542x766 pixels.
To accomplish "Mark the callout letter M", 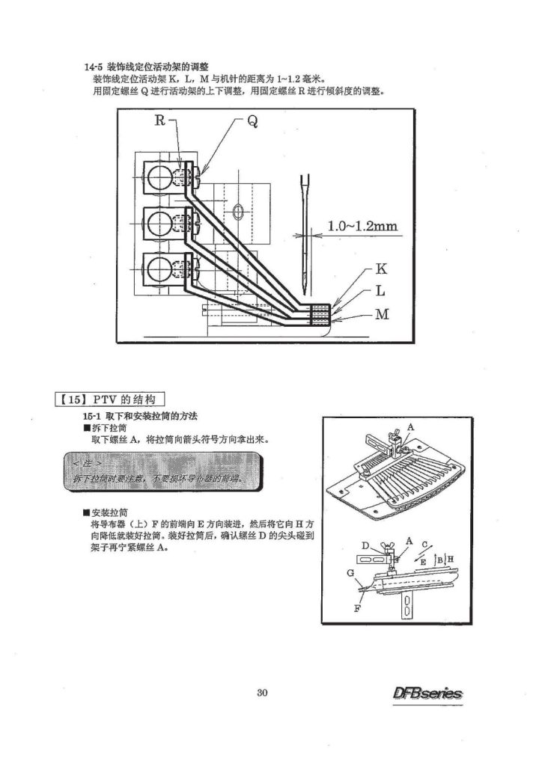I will point(382,314).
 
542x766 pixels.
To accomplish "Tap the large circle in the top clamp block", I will point(160,178).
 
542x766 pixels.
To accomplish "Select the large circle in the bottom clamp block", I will point(160,267).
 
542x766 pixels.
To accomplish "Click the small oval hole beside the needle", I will point(238,211).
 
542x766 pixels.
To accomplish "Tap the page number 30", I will point(262,691).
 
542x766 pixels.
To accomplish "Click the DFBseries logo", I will point(427,693).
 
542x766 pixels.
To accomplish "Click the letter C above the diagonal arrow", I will point(424,545).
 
